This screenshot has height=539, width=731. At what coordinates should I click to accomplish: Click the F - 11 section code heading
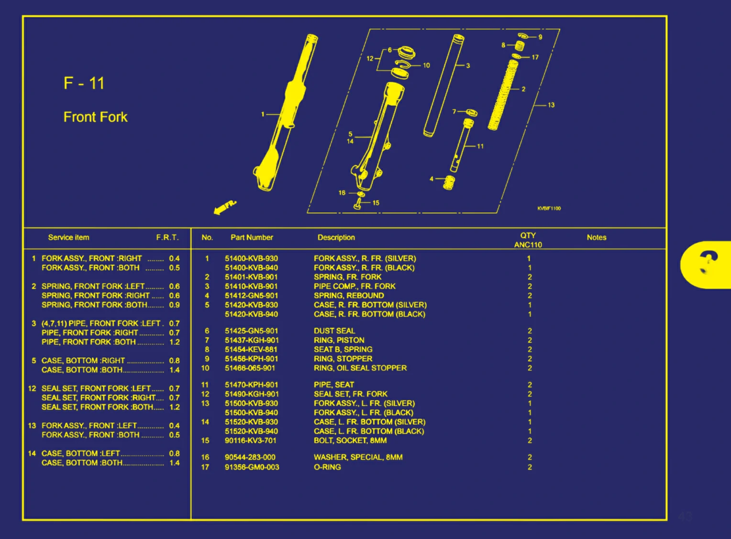pos(84,83)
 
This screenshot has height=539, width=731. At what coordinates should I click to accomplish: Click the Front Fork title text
pos(95,117)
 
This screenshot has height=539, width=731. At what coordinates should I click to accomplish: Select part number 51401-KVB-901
pos(251,277)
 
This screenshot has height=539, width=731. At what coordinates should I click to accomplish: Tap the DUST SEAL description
pos(334,331)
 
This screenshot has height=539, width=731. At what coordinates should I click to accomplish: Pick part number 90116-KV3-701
pos(251,440)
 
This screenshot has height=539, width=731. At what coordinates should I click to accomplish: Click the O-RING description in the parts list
pos(327,467)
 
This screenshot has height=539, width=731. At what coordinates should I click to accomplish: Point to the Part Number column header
pos(252,238)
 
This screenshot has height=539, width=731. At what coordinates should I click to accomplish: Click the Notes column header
pos(596,238)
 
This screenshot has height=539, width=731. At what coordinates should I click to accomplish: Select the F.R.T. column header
pos(167,238)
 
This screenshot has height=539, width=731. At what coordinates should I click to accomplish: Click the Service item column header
pos(68,238)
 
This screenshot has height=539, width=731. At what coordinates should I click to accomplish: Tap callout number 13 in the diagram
pos(551,105)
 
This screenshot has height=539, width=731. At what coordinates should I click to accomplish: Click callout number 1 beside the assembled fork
pos(263,114)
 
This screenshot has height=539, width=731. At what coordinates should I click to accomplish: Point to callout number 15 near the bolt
pos(376,203)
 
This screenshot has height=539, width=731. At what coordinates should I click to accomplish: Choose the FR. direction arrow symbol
pos(224,208)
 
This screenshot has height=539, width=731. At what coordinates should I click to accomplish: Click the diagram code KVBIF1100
pos(549,209)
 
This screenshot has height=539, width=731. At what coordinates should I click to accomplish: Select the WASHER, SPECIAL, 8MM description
pos(358,457)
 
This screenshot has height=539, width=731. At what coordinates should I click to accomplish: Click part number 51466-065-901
pos(250,368)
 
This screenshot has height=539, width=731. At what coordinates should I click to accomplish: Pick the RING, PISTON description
pos(339,340)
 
